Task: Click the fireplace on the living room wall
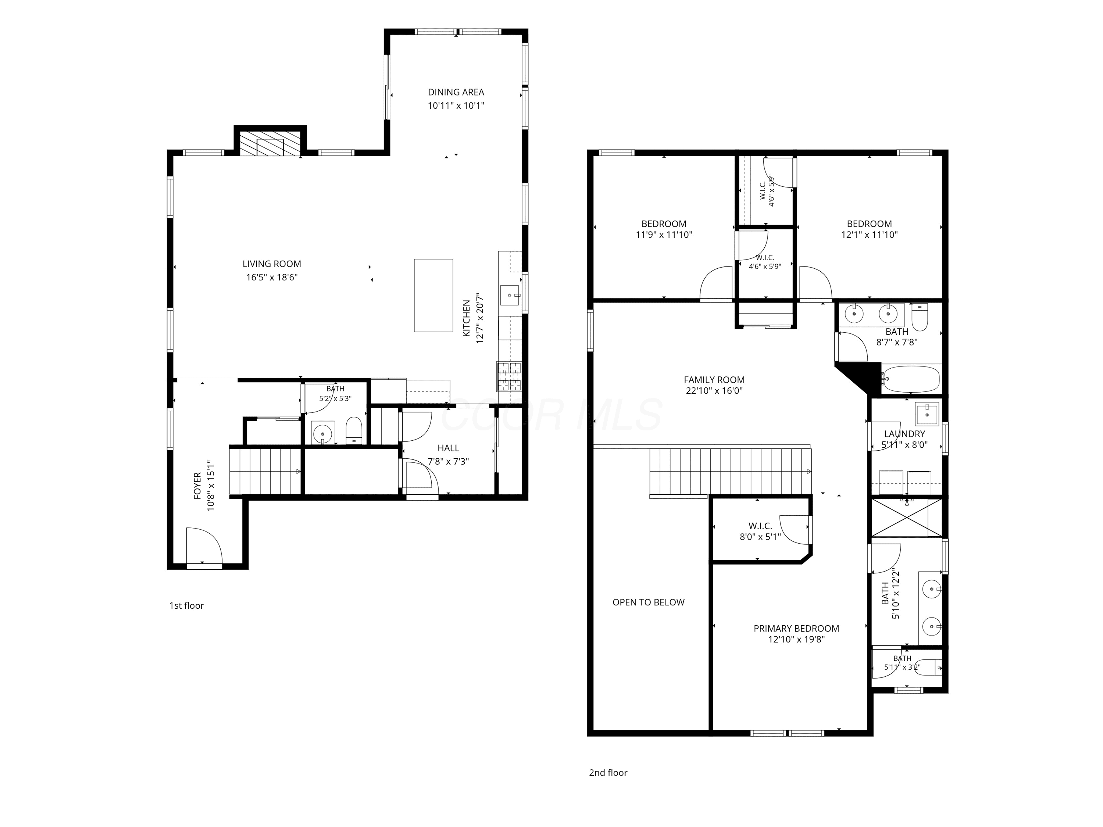(x=270, y=144)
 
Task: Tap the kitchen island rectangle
(x=433, y=295)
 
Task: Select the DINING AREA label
(x=456, y=92)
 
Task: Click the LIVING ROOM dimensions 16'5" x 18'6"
(x=272, y=277)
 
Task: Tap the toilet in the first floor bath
(x=354, y=430)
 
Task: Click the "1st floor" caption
(x=186, y=606)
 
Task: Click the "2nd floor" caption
(x=608, y=773)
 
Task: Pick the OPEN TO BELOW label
(x=648, y=602)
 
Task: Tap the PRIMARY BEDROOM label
(x=796, y=629)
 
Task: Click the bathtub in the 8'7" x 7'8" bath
(x=910, y=379)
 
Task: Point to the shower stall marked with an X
(x=907, y=518)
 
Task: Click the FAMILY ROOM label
(x=714, y=380)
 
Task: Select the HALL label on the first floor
(x=448, y=448)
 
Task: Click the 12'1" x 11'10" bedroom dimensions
(x=869, y=235)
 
